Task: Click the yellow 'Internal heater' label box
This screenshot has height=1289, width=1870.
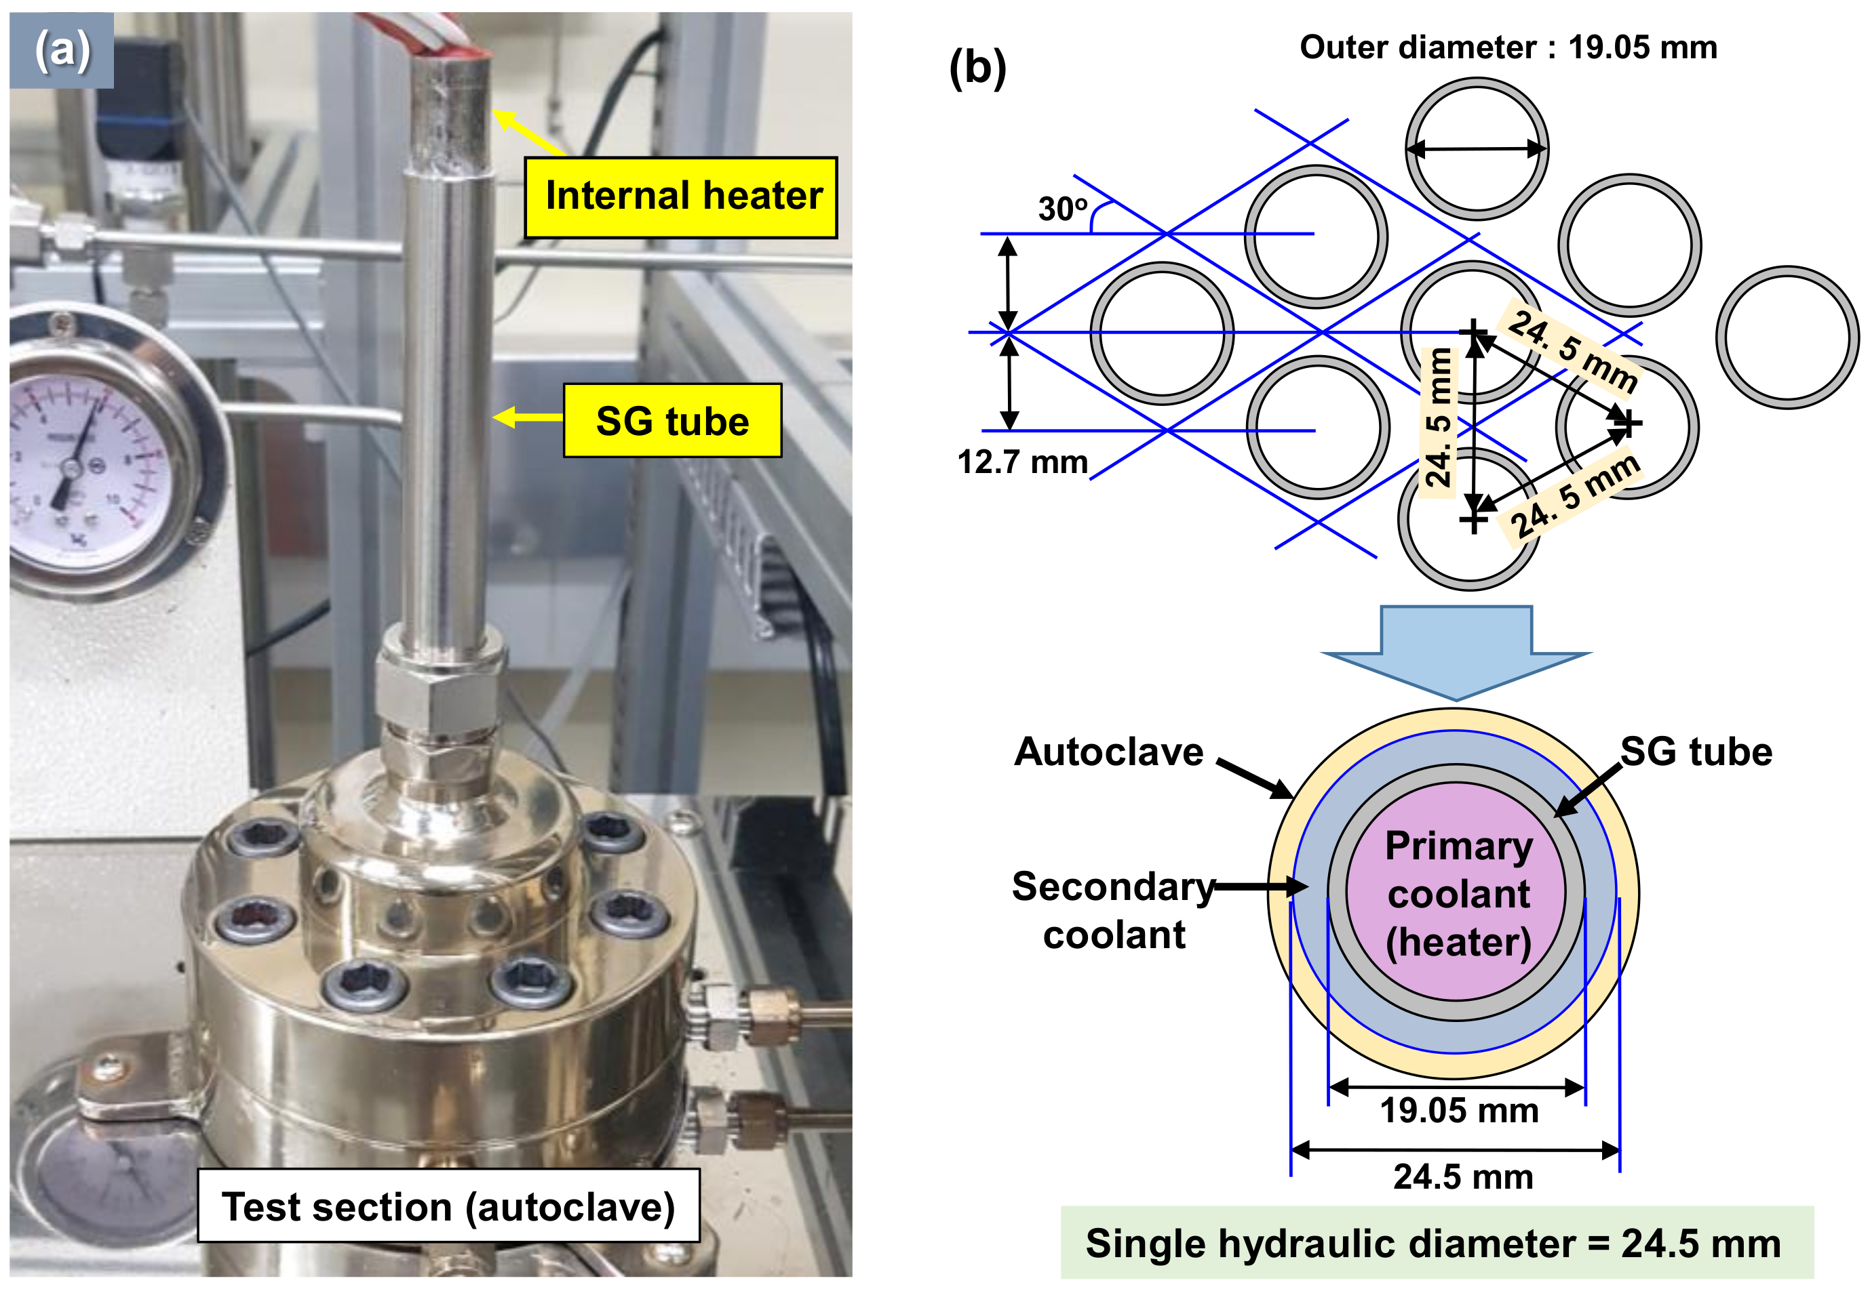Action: pyautogui.click(x=680, y=197)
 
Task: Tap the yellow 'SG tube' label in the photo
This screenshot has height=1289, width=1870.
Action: pyautogui.click(x=672, y=420)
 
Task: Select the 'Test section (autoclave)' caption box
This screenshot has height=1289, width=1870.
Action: pyautogui.click(x=448, y=1205)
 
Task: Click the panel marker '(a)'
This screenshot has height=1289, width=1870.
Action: pyautogui.click(x=62, y=50)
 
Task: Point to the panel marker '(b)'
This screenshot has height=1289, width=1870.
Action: pyautogui.click(x=978, y=68)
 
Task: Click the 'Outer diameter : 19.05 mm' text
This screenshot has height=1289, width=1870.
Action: pyautogui.click(x=1508, y=47)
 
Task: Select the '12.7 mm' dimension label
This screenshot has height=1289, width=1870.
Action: pyautogui.click(x=1022, y=462)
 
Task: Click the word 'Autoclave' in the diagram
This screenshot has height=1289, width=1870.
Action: pyautogui.click(x=1109, y=752)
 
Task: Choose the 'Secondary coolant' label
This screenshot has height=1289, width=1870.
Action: pyautogui.click(x=1114, y=910)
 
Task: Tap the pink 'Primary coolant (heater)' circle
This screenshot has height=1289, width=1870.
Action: pyautogui.click(x=1456, y=893)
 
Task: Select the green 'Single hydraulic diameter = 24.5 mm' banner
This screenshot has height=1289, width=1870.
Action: pyautogui.click(x=1437, y=1243)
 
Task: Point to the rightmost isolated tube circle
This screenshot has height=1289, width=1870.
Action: pyautogui.click(x=1787, y=337)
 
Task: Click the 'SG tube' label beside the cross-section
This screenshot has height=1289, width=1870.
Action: pyautogui.click(x=1696, y=752)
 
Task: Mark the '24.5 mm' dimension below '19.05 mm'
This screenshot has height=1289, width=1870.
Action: pyautogui.click(x=1463, y=1177)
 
